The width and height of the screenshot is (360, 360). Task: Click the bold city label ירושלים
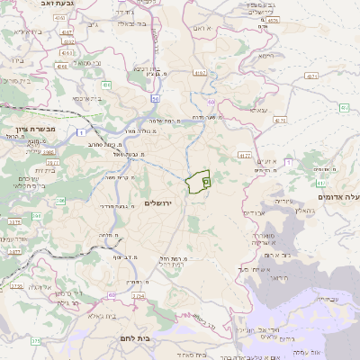[163, 203]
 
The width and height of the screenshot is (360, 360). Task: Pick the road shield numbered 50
[155, 98]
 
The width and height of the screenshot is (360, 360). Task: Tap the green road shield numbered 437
[345, 108]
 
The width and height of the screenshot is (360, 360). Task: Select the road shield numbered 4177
[244, 156]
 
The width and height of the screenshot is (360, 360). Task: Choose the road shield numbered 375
[36, 341]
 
